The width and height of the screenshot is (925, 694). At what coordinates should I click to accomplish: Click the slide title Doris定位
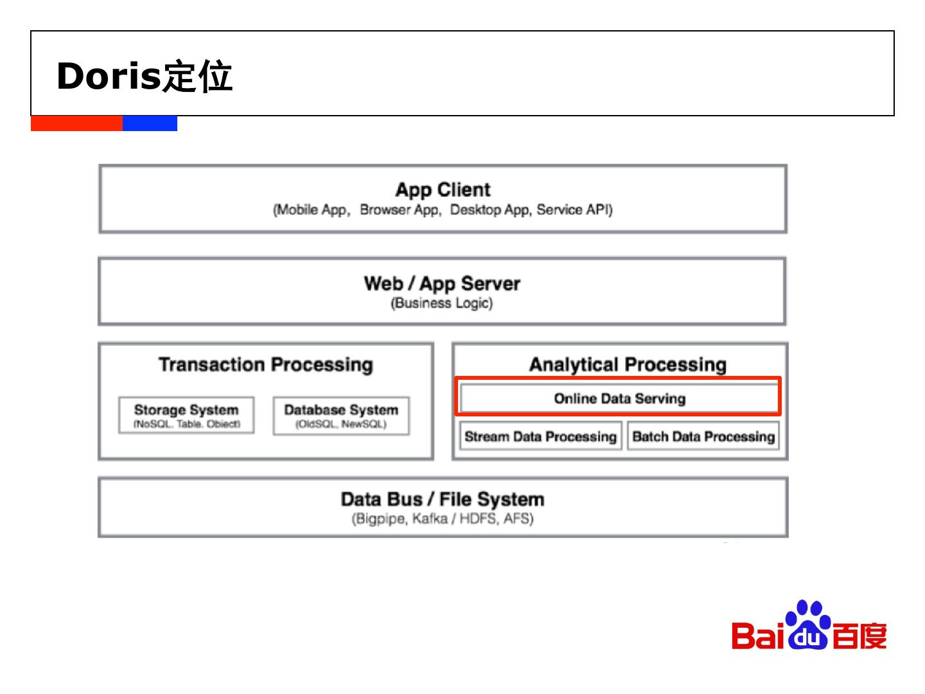pos(145,76)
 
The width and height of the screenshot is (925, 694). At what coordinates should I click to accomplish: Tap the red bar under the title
pos(76,123)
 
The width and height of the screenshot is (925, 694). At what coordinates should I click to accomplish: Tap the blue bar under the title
pos(150,123)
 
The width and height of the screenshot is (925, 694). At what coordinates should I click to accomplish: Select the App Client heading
pos(443,190)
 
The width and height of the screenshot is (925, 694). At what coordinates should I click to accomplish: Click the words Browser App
pos(399,210)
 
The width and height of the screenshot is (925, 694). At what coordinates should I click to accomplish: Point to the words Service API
pos(574,210)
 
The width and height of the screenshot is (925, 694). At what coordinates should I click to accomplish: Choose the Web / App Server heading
pos(442,283)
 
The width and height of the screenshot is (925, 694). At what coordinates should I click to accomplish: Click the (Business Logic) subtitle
pos(442,303)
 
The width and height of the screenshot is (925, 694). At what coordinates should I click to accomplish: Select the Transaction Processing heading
pos(265,364)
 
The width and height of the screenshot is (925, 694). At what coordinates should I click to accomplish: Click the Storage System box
pos(186,415)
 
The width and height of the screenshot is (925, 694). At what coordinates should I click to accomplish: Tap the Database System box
pos(341,415)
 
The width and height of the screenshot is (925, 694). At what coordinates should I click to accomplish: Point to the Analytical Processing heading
pos(628,364)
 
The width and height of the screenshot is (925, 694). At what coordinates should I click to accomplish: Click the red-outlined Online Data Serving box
pos(619,398)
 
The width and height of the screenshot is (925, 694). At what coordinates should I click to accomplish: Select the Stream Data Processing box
pos(540,436)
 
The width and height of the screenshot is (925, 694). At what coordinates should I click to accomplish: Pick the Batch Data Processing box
pos(703,436)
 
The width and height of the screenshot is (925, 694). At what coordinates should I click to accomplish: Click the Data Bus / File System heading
pos(443,499)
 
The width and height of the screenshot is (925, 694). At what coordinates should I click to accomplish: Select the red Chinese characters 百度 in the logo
pos(859,636)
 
